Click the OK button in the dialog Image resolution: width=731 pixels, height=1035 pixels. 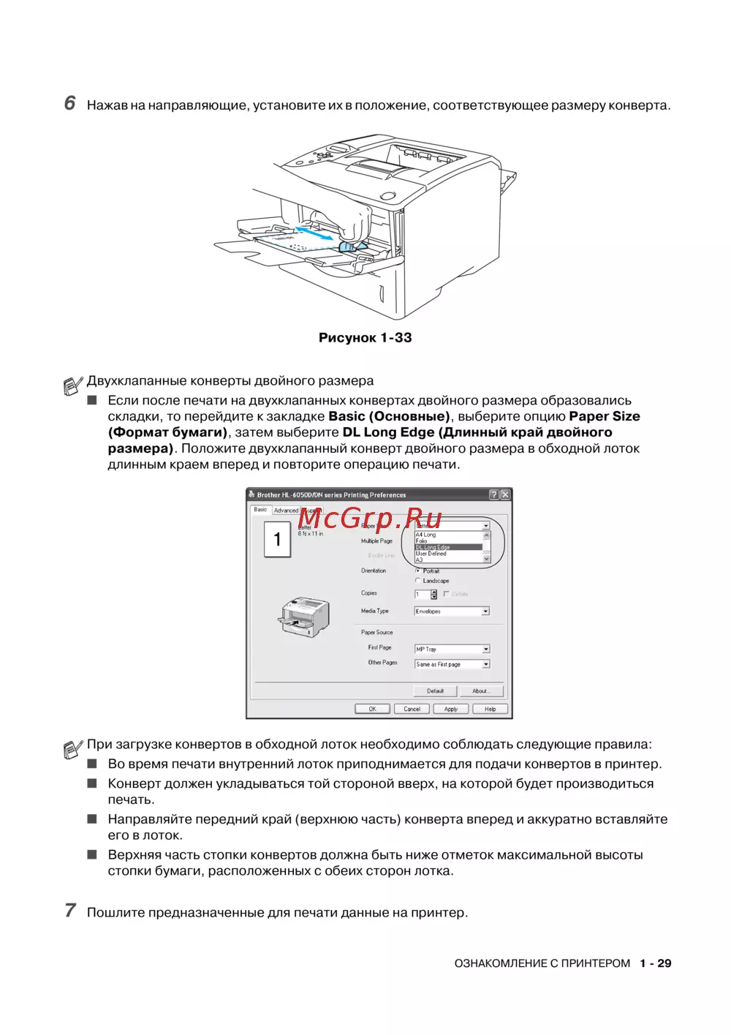tap(372, 709)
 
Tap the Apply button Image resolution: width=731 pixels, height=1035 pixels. tap(451, 709)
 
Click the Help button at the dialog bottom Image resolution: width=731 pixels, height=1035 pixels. tap(490, 709)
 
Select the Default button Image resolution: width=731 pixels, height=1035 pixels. tap(436, 690)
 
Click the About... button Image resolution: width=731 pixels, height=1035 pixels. tap(480, 690)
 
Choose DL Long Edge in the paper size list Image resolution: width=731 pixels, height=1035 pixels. tap(448, 547)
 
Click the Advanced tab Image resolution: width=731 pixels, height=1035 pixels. tap(286, 511)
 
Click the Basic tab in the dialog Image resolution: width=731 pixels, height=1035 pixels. tap(261, 509)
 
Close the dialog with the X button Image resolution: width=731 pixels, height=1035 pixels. tap(505, 495)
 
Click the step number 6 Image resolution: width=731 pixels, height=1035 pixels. tap(70, 103)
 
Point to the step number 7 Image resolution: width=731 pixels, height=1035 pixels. tap(70, 911)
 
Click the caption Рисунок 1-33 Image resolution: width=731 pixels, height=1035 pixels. tap(365, 338)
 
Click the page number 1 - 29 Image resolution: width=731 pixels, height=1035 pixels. tap(655, 963)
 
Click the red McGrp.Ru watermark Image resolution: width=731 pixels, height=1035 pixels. tap(370, 519)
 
